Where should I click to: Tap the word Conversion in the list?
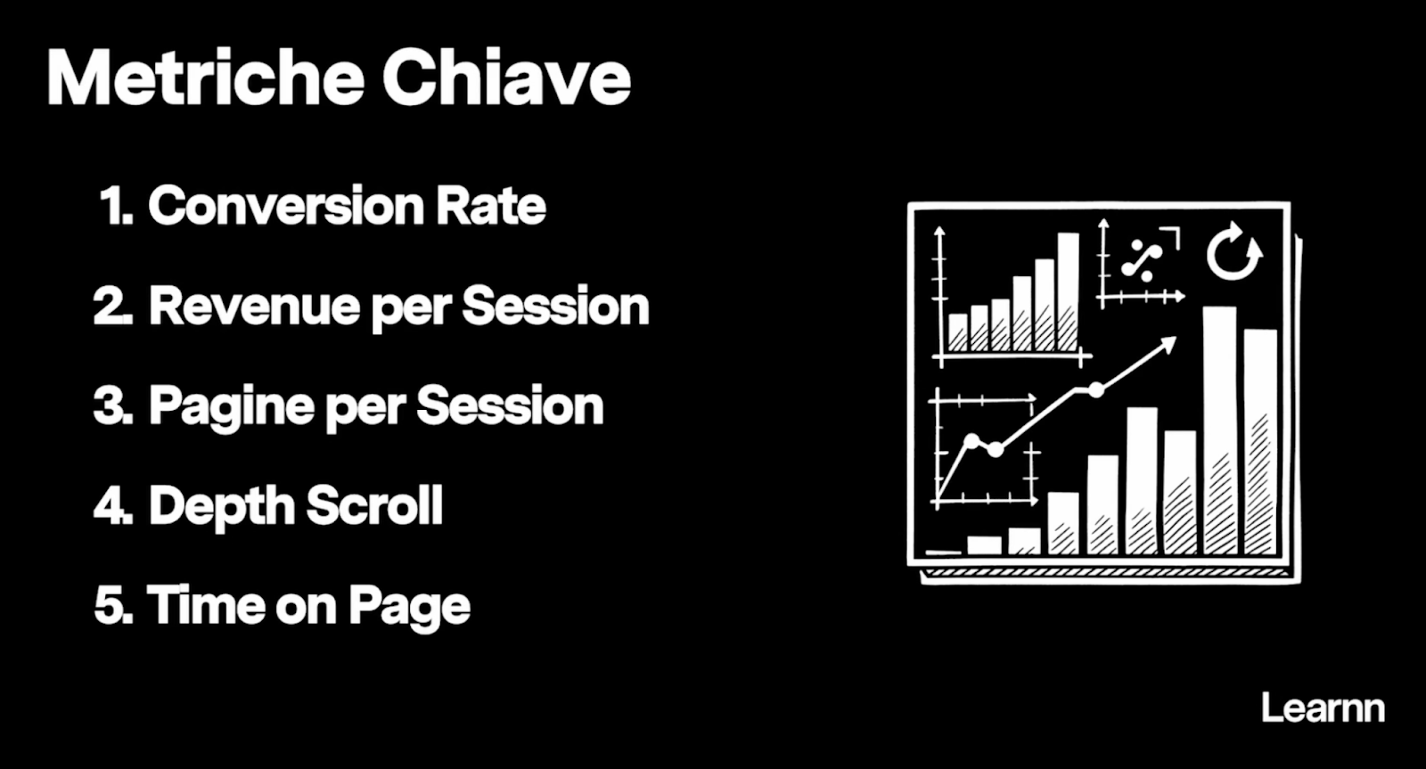[x=286, y=206]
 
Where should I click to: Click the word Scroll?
[x=374, y=505]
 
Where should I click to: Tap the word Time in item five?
[x=206, y=605]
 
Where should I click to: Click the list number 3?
[x=112, y=406]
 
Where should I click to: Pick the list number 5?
[x=113, y=605]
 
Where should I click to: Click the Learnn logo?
[x=1323, y=708]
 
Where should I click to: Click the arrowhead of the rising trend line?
[x=1168, y=344]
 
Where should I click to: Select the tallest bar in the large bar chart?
[x=1220, y=430]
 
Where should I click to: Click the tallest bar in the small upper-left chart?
[x=1069, y=292]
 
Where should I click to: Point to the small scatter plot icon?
[x=1142, y=263]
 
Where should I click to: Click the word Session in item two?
[x=555, y=307]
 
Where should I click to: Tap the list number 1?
[x=116, y=206]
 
